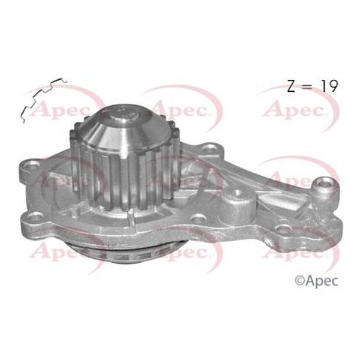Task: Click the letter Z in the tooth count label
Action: pyautogui.click(x=291, y=86)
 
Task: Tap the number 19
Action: pyautogui.click(x=329, y=86)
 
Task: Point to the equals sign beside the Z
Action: pyautogui.click(x=308, y=86)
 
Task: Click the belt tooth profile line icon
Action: pyautogui.click(x=43, y=100)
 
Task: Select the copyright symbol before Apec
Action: pyautogui.click(x=299, y=281)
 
